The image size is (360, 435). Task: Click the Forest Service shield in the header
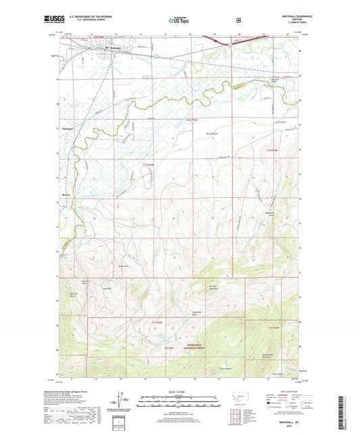pyautogui.click(x=238, y=20)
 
